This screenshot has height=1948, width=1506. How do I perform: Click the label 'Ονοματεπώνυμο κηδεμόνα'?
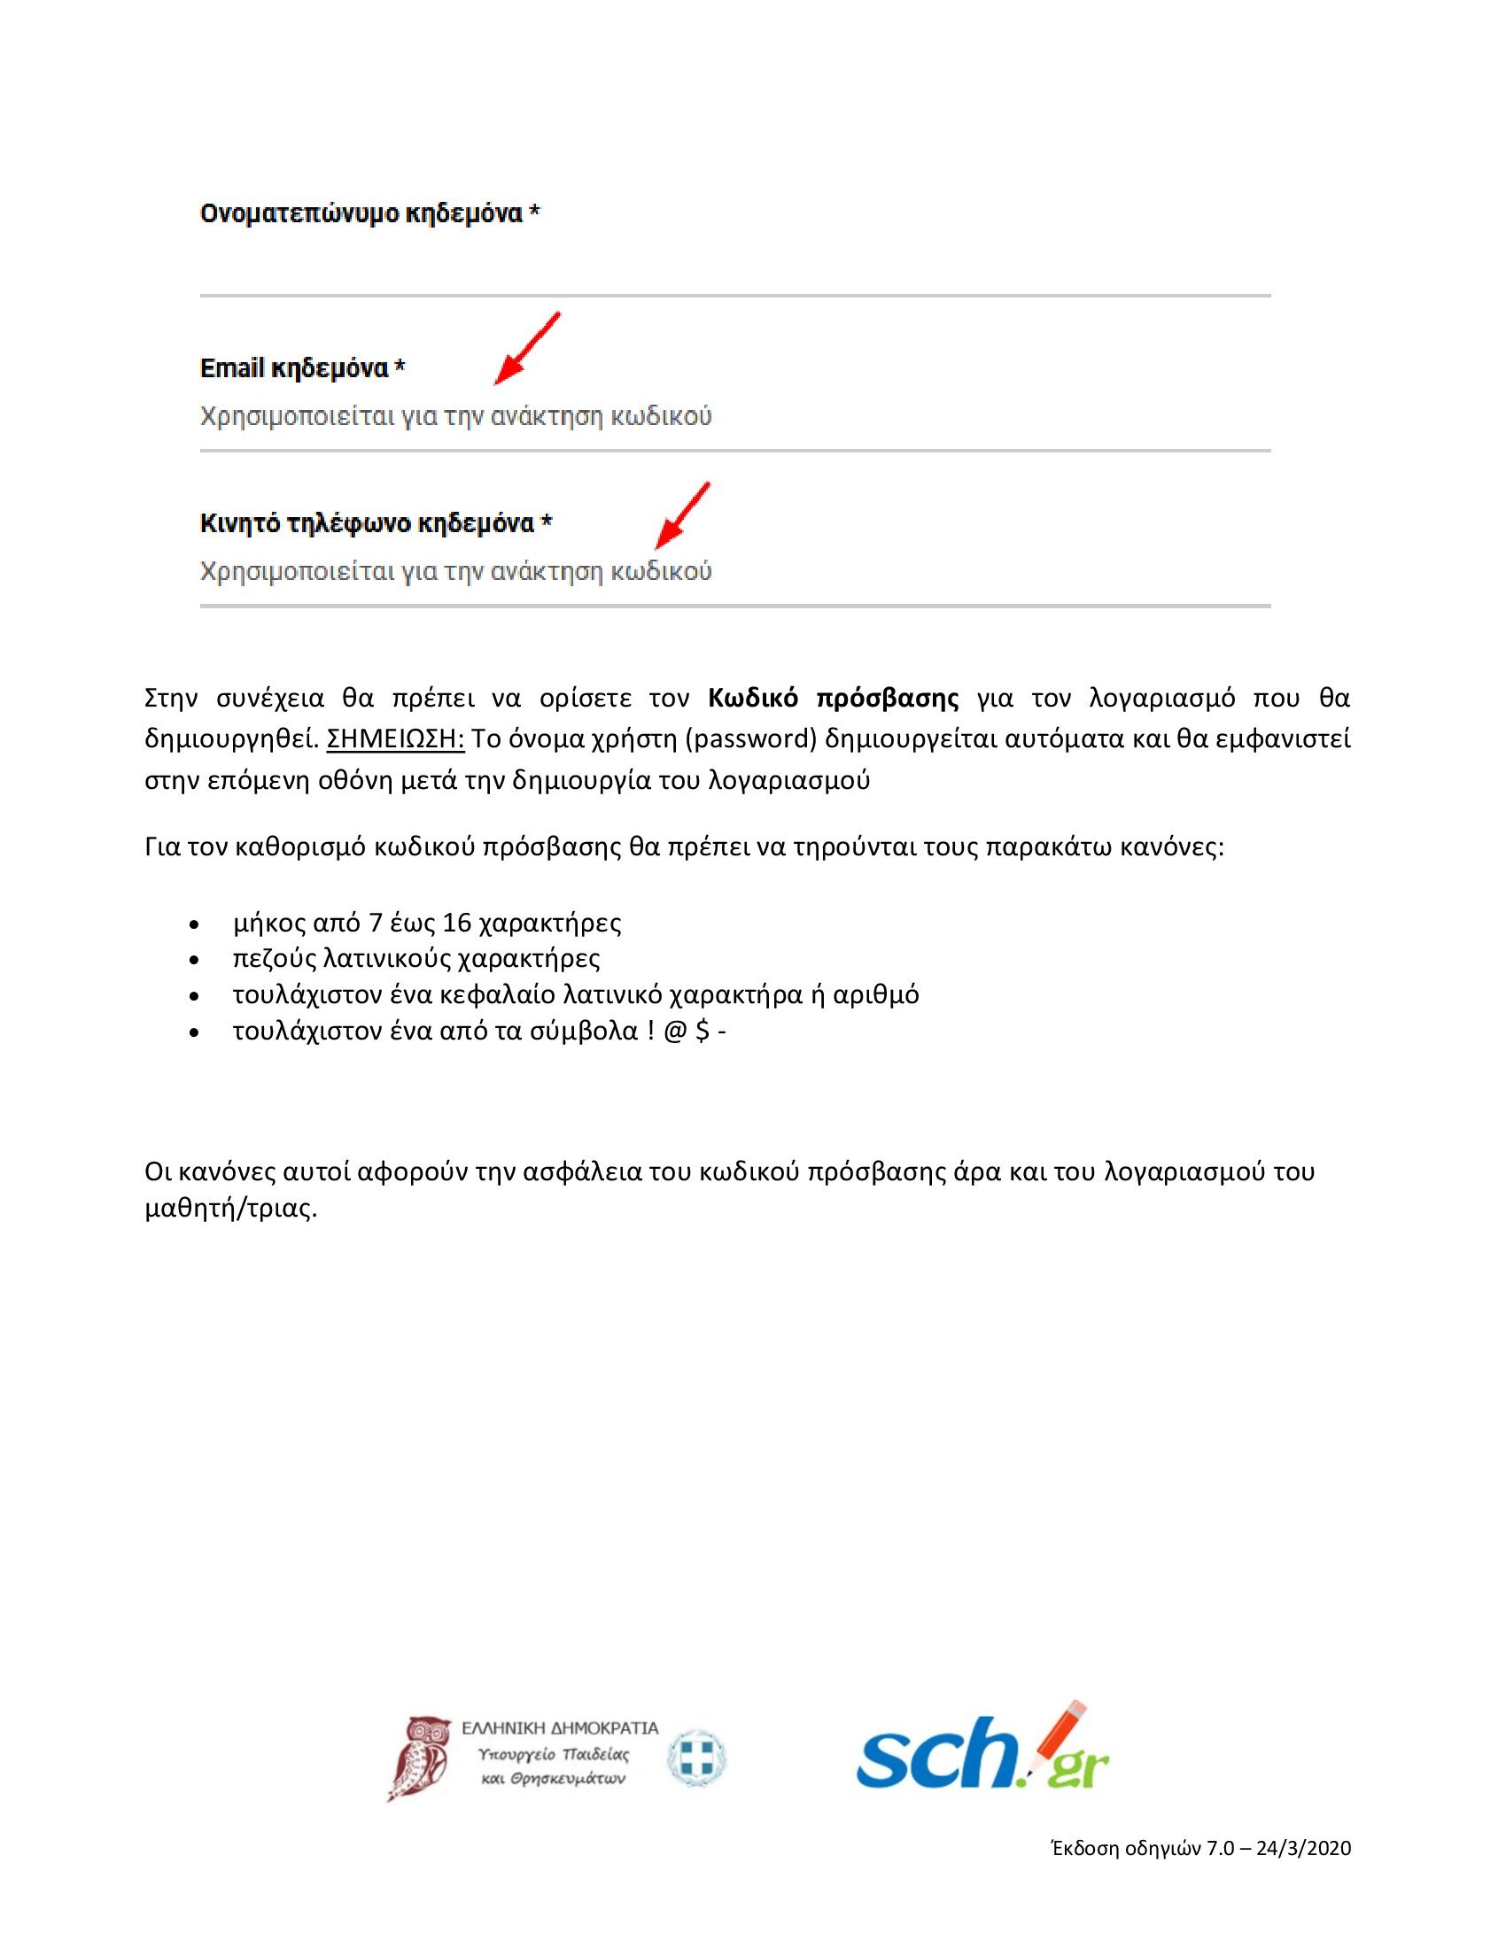361,215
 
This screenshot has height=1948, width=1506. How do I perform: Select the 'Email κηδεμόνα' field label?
294,368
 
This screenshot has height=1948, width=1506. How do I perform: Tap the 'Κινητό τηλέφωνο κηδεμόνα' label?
367,522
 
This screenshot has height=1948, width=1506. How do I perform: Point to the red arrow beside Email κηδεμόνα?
526,349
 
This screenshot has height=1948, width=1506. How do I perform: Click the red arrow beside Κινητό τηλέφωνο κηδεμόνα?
681,515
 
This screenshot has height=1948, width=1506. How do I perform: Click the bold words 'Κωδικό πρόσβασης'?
834,699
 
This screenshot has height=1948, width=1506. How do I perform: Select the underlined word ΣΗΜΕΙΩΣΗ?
396,739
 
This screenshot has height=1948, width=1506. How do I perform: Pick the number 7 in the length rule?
376,923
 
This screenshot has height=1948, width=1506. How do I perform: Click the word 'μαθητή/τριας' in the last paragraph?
231,1210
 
